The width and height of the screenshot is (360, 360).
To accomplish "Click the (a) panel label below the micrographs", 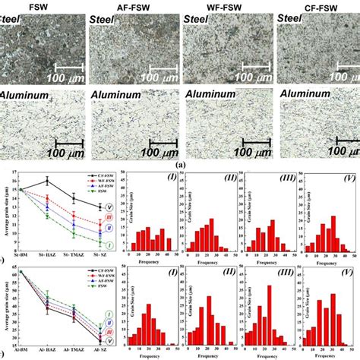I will click(x=180, y=163).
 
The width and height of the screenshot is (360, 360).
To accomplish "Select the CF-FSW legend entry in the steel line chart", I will click(x=84, y=178).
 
